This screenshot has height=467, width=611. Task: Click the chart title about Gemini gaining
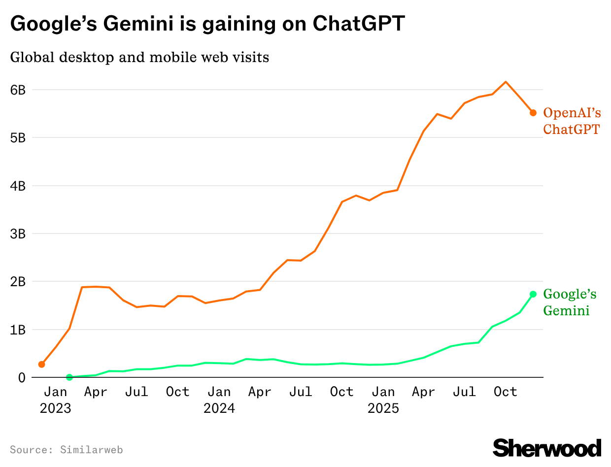207,24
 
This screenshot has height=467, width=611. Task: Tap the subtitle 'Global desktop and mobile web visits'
139,58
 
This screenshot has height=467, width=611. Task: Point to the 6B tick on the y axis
18,90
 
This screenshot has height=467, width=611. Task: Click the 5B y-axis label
18,138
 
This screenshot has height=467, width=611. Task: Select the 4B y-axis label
18,186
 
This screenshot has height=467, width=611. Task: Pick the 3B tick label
18,234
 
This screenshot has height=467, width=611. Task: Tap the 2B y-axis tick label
18,282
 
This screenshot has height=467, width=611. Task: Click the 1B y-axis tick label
18,330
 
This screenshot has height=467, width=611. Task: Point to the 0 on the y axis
22,378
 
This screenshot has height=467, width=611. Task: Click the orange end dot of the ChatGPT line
533,113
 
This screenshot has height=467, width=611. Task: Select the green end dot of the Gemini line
533,294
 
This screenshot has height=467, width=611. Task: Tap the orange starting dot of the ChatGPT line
41,365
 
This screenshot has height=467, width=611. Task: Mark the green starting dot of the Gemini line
69,377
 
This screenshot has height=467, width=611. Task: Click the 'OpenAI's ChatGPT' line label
572,121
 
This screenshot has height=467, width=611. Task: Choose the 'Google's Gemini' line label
570,302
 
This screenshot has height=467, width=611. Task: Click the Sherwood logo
547,448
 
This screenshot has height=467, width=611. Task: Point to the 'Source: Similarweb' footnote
66,450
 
